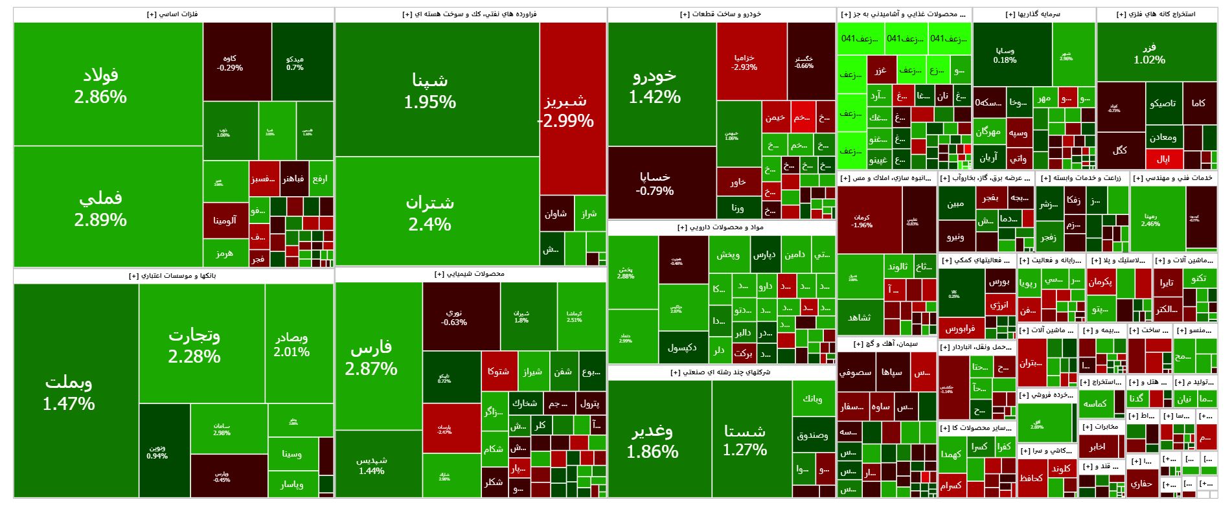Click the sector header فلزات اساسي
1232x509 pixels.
(173, 14)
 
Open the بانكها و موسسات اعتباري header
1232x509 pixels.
(173, 276)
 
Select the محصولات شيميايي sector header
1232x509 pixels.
(470, 274)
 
